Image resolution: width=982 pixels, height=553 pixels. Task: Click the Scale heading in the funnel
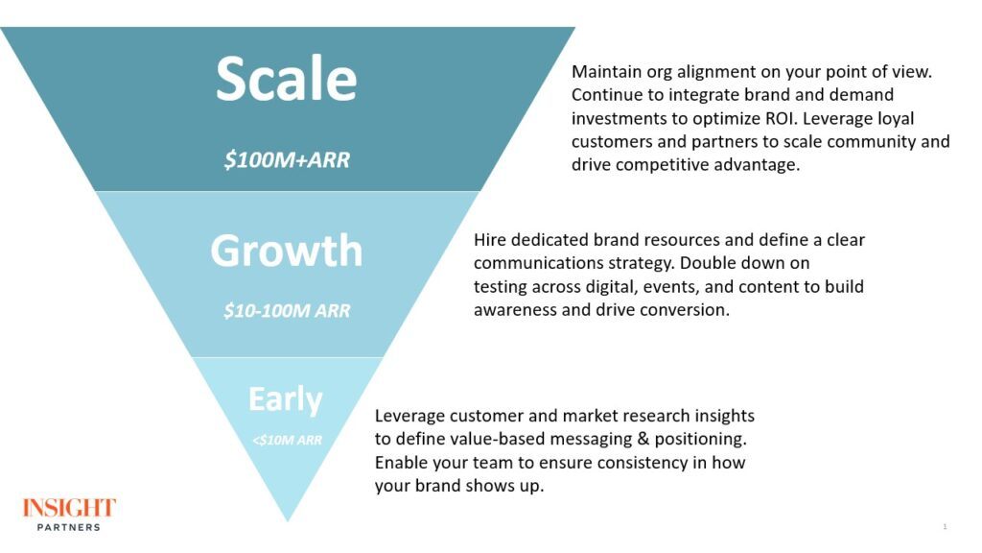[x=286, y=79]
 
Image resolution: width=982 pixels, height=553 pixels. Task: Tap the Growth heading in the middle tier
[x=286, y=251]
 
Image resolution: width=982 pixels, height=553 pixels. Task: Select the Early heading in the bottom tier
[x=286, y=399]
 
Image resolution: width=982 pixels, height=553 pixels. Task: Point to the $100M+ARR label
[x=287, y=160]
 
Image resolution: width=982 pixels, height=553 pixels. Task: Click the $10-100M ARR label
[x=287, y=310]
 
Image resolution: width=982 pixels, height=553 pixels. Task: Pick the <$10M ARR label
[x=288, y=440]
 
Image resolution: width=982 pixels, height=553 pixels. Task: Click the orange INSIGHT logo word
[x=69, y=507]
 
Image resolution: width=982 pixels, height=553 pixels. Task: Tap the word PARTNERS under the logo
[x=69, y=527]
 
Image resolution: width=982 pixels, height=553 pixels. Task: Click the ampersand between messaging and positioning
[x=643, y=439]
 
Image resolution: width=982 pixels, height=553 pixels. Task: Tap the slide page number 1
[x=945, y=527]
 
